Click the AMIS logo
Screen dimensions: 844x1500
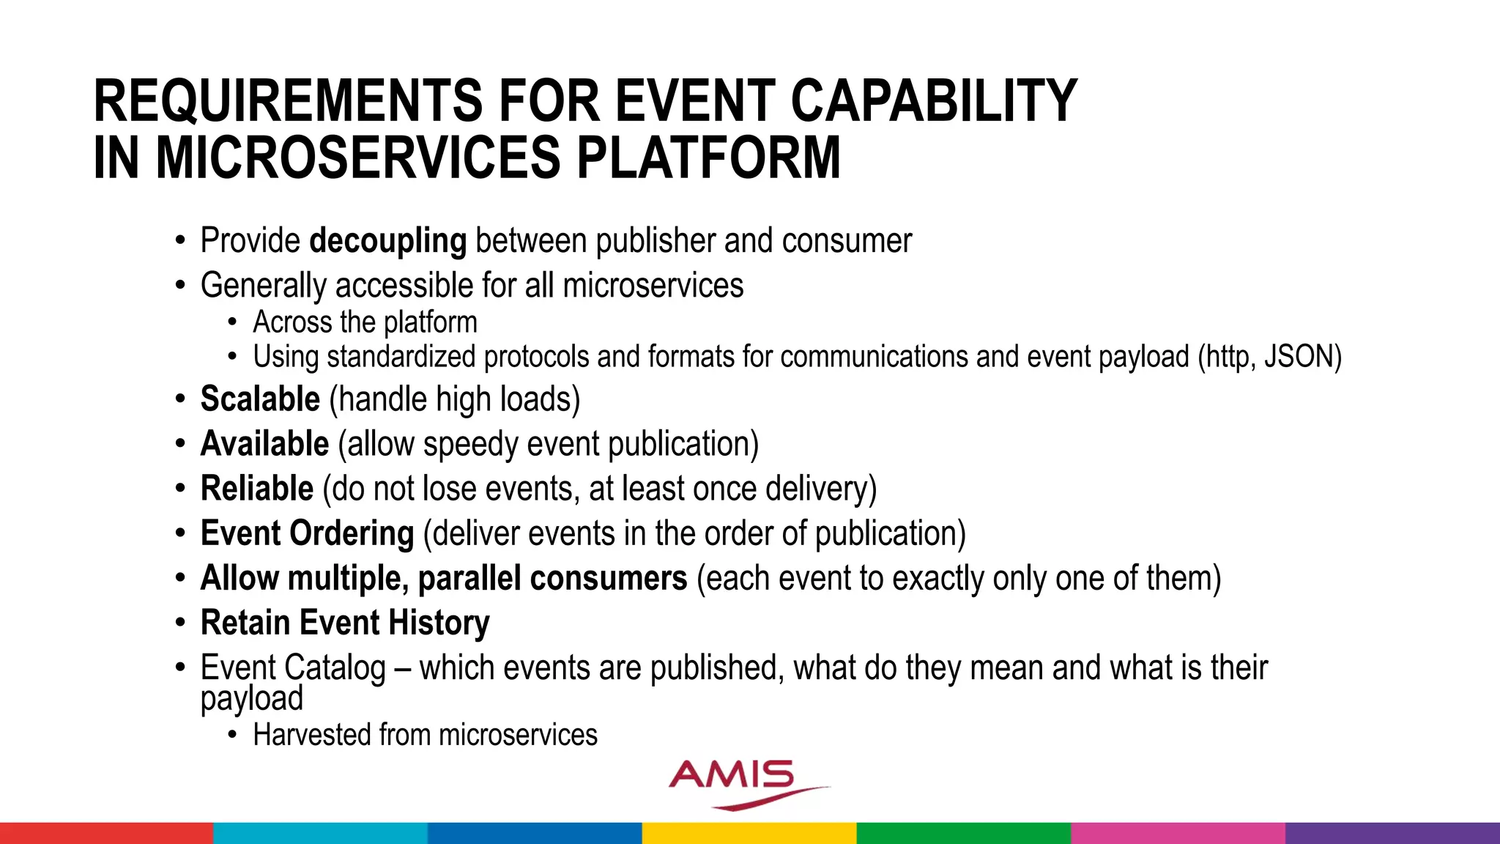pos(740,782)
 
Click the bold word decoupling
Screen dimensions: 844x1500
pos(387,242)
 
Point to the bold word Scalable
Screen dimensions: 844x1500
pos(260,400)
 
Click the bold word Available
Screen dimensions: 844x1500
pos(264,445)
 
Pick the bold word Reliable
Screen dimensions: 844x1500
pos(256,489)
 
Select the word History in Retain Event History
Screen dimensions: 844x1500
pos(439,623)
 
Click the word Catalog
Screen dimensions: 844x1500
pos(335,668)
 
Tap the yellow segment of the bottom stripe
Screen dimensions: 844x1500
pos(749,833)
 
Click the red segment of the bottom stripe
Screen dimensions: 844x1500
pos(106,833)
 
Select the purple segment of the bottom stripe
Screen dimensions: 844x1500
pos(1392,833)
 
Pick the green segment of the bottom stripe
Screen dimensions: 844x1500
pos(963,833)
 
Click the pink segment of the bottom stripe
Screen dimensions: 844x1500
pos(1178,833)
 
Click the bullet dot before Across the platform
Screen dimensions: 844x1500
pos(232,323)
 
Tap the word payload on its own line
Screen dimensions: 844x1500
pos(251,698)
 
